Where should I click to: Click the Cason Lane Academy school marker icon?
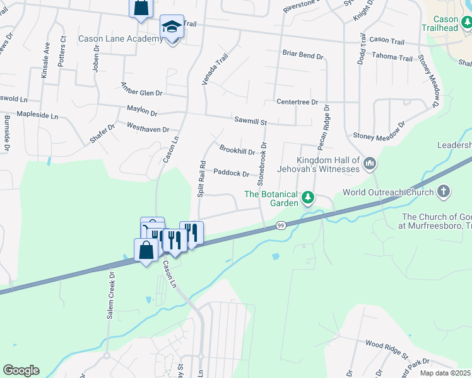click(171, 27)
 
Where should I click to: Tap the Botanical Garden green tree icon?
click(308, 198)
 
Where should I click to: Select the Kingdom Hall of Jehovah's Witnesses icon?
click(370, 164)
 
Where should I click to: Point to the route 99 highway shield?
click(281, 225)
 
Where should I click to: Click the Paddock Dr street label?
click(232, 172)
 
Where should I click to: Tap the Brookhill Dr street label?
click(237, 151)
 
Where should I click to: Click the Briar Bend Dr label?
click(303, 55)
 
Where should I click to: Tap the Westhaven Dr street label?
click(148, 129)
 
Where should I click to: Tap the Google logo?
click(21, 370)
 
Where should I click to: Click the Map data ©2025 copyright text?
click(445, 373)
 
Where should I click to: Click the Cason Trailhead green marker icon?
click(466, 23)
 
